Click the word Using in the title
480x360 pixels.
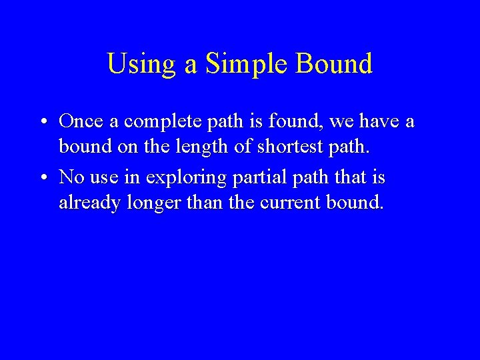pos(137,65)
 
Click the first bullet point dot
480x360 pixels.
pos(42,122)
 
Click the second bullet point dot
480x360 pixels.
pos(42,178)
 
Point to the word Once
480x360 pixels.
pos(81,121)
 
